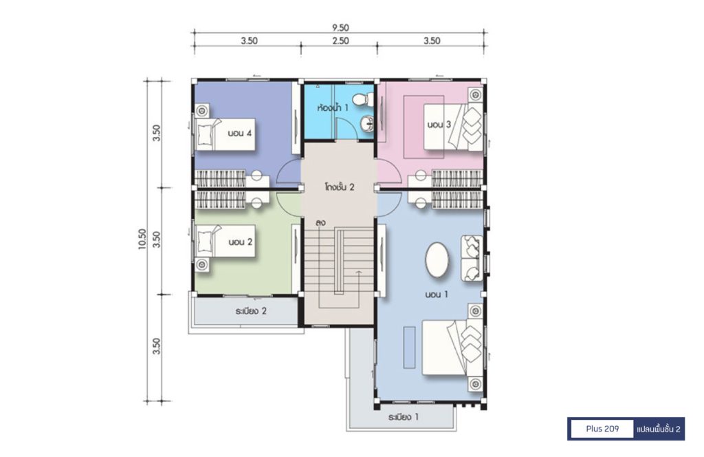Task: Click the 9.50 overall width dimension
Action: pyautogui.click(x=340, y=28)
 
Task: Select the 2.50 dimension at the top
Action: pyautogui.click(x=340, y=41)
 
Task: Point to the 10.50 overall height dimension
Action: pyautogui.click(x=142, y=239)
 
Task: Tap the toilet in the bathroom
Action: pyautogui.click(x=363, y=99)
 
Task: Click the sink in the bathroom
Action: pyautogui.click(x=367, y=123)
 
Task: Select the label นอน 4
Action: pyautogui.click(x=239, y=133)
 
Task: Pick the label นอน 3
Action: pyautogui.click(x=439, y=125)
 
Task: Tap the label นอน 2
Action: pyautogui.click(x=240, y=242)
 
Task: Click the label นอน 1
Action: pyautogui.click(x=437, y=295)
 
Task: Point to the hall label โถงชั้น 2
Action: pyautogui.click(x=340, y=187)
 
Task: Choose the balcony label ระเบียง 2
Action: pyautogui.click(x=251, y=310)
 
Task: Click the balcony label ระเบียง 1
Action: pyautogui.click(x=403, y=417)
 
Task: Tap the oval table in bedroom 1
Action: pyautogui.click(x=437, y=261)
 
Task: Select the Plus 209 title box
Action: pyautogui.click(x=602, y=429)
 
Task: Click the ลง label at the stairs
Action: pyautogui.click(x=320, y=222)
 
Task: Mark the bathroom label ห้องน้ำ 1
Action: pyautogui.click(x=332, y=108)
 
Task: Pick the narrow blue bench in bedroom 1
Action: pyautogui.click(x=409, y=348)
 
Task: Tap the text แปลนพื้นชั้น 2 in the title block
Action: pyautogui.click(x=658, y=429)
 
